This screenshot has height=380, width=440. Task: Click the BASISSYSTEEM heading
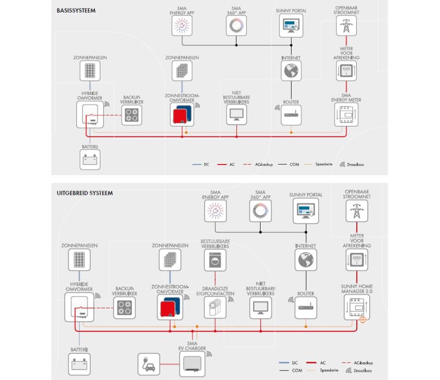[x=76, y=10]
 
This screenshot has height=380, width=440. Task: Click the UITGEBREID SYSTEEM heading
[x=85, y=193]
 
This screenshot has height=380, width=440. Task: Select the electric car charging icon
[x=148, y=364]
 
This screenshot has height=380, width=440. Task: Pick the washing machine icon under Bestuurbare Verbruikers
[x=215, y=260]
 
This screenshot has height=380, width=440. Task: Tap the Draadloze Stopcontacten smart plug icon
[x=215, y=307]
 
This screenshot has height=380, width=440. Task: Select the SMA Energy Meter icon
[x=346, y=114]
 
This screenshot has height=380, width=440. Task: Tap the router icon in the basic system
[x=291, y=115]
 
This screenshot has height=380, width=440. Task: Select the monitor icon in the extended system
[x=260, y=307]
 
